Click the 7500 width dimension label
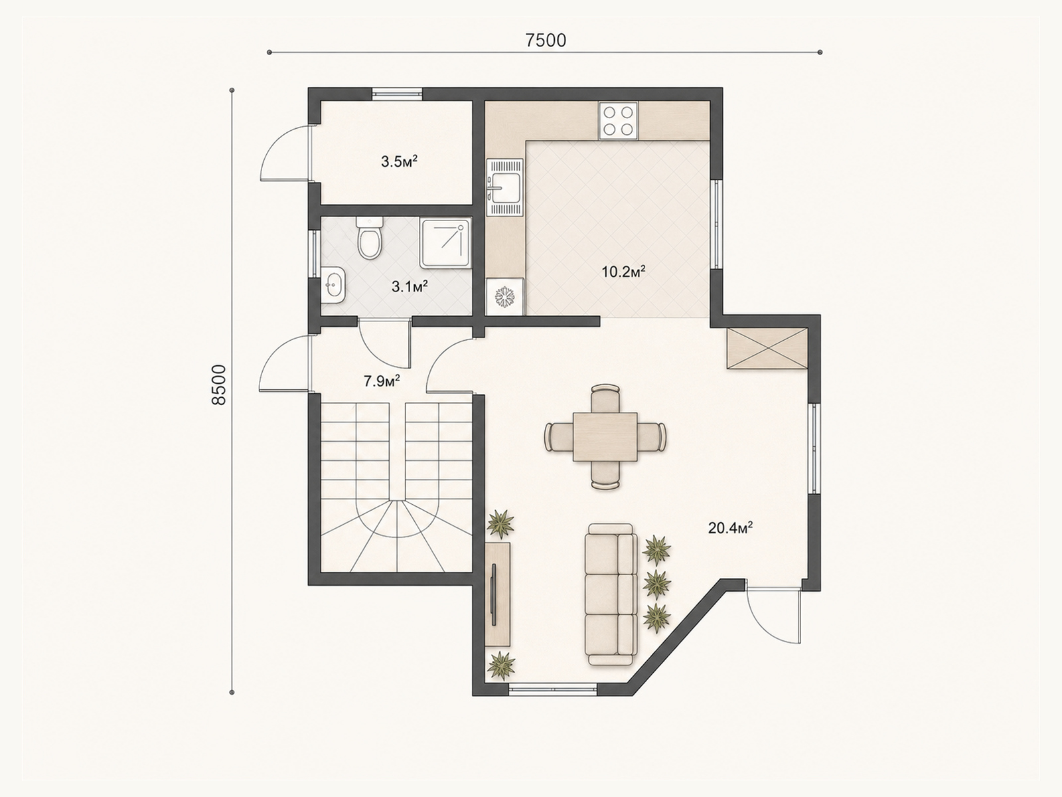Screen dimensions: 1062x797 click(x=546, y=41)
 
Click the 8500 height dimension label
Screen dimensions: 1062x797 click(x=219, y=385)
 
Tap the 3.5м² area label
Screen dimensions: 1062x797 click(x=399, y=161)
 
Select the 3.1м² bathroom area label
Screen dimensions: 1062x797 click(x=410, y=286)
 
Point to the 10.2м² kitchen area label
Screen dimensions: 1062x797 click(x=624, y=272)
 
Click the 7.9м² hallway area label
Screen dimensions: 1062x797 click(x=382, y=381)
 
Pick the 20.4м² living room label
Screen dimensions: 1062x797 click(x=730, y=528)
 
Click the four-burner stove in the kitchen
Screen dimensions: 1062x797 click(x=619, y=121)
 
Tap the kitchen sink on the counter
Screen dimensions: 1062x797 click(x=505, y=187)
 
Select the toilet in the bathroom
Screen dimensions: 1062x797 click(x=370, y=238)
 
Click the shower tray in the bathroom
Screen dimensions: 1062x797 click(x=445, y=243)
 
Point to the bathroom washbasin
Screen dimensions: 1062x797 click(x=333, y=284)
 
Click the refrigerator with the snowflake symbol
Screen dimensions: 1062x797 click(x=505, y=297)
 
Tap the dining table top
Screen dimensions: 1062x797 click(x=605, y=436)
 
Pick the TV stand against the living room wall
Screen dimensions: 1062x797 click(x=498, y=594)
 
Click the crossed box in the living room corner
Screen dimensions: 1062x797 click(x=767, y=349)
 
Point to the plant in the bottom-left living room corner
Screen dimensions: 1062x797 click(x=500, y=666)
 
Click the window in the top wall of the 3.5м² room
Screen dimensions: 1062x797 click(x=397, y=94)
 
